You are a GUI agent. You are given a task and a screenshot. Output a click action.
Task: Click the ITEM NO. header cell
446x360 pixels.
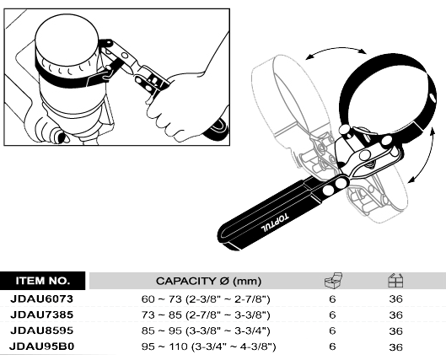pos(43,281)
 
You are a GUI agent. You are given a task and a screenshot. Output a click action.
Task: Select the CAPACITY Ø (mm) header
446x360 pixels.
pos(208,282)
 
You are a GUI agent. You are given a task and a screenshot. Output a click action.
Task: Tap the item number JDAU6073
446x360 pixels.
pos(42,298)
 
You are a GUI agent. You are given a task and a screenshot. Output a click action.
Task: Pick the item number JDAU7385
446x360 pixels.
pos(42,314)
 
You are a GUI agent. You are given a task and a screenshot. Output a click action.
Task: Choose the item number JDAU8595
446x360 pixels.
pos(42,330)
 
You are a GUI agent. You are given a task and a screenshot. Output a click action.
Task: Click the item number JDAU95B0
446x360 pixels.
pos(42,347)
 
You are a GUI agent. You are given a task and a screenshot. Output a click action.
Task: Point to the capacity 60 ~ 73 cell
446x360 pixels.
pos(206,299)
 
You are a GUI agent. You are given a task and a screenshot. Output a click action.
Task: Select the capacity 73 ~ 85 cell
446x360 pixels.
pos(206,315)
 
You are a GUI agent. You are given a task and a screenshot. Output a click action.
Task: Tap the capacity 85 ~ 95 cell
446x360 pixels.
pos(206,331)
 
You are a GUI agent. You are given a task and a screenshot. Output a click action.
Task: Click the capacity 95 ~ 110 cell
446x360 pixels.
pos(208,347)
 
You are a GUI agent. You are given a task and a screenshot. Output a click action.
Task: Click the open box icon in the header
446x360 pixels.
pos(333,281)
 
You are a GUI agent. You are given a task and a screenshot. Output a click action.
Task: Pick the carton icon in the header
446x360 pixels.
pos(395,281)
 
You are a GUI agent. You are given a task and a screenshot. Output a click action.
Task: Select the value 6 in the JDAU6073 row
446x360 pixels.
pos(332,299)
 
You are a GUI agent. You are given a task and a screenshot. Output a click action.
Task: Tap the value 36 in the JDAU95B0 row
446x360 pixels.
pos(396,347)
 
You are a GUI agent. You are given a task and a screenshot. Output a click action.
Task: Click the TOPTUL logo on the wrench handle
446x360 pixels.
pos(275,223)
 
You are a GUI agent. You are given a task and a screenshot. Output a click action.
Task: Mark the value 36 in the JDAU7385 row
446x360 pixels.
pos(396,315)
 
